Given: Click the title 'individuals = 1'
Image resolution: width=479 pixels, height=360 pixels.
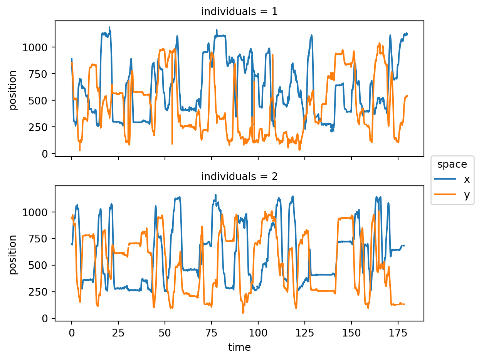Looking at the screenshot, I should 239,12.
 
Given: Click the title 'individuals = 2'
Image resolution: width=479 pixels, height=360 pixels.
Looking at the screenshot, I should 239,177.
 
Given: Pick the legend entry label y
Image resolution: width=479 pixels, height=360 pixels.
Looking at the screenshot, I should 467,195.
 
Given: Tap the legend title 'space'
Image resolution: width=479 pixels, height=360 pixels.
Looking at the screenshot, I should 452,165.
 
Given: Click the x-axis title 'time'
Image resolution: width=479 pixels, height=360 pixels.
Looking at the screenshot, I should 239,347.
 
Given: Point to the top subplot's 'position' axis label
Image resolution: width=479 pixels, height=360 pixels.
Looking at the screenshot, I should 13,90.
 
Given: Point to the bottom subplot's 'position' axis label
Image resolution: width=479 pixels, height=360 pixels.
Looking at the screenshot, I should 13,254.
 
